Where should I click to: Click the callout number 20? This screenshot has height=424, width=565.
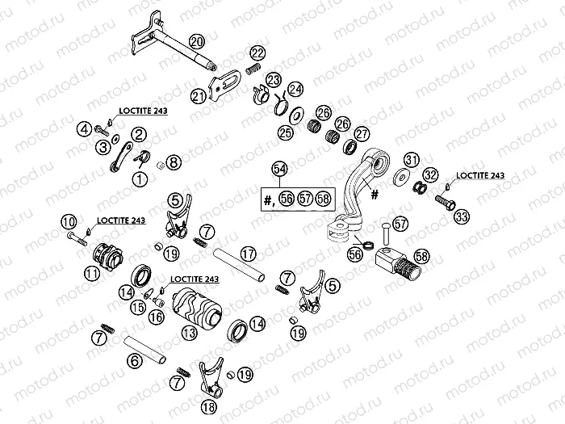195,41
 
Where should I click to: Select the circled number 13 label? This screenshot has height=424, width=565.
190,333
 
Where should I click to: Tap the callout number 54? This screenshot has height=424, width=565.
279,169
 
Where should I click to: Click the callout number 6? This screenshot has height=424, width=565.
136,362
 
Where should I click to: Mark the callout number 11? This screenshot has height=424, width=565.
94,274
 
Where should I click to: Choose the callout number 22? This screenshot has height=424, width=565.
257,53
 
